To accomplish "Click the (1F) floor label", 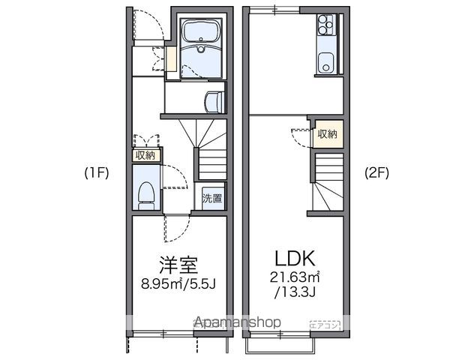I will pos(97,173).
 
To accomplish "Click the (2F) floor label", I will pos(376,173).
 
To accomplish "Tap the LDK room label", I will pos(294,258).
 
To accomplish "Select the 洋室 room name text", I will pos(178,265).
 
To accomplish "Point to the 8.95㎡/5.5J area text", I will pos(178,285).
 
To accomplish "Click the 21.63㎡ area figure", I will pos(295,278).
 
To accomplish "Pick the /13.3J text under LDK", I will pos(295,292).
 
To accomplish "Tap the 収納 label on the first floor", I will pos(145,155).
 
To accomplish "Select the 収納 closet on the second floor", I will pos(328,134).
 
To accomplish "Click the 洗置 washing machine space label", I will pos(213,199).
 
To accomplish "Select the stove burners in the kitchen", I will pos(325,26).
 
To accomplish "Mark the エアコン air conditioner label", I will pos(326,324).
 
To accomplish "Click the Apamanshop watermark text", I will pos(238,322).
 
